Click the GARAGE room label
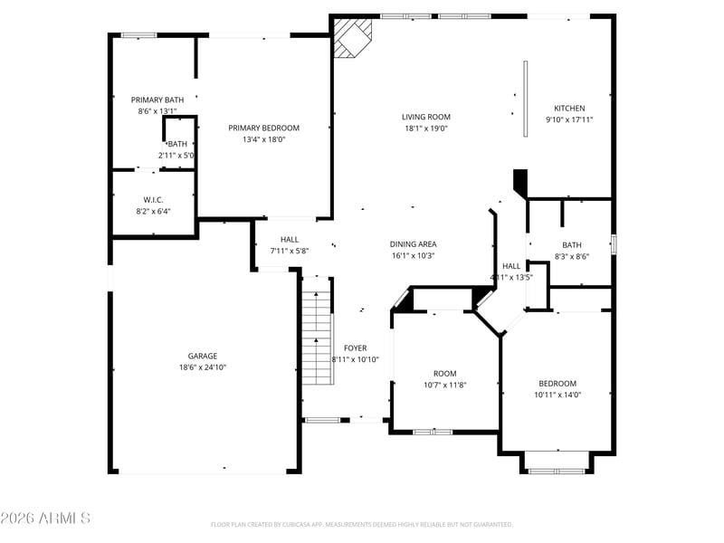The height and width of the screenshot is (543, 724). coord(203,356)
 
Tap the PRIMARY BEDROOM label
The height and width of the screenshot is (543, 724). coord(263,128)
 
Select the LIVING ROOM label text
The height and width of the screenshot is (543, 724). coord(426,117)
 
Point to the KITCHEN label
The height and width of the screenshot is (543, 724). coord(569,108)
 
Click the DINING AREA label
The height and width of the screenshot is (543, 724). coord(413,243)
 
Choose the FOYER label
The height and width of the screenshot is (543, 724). coord(355,348)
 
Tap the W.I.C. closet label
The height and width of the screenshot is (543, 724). coord(152,199)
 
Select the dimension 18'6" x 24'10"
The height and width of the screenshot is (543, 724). coord(203,367)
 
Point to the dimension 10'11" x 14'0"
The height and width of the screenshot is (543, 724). coord(557,395)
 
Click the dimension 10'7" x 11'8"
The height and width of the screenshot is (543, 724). coord(444,385)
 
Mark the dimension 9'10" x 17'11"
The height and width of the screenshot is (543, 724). coord(569,119)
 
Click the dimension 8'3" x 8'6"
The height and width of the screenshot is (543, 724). coord(571,256)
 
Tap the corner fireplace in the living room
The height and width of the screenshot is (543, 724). coord(351,37)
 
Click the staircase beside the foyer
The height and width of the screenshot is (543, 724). coord(317,335)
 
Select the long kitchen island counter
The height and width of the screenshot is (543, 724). coord(525,99)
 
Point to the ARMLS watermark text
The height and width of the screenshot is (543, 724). coord(45,519)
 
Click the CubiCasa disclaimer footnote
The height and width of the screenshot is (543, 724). coord(362,524)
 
